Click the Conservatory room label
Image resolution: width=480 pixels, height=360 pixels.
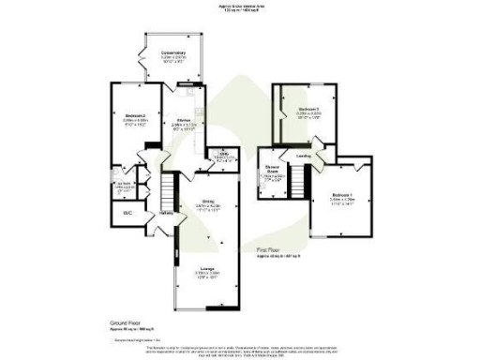(172, 52)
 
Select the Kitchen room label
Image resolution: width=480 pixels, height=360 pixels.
(185, 122)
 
